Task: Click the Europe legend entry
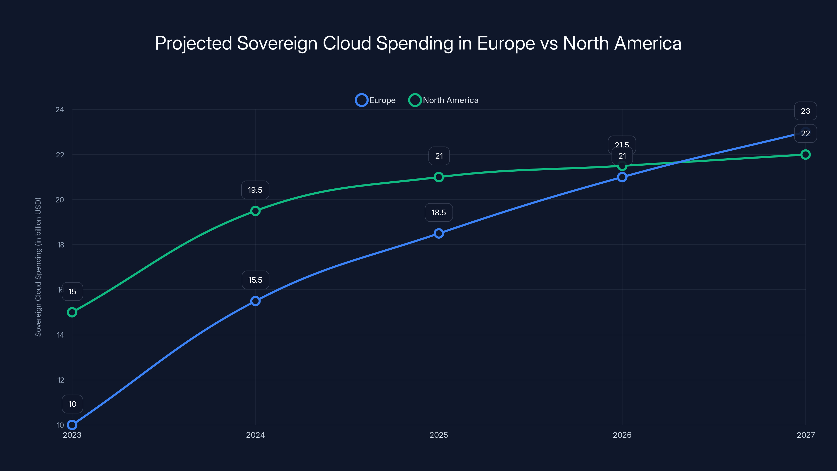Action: tap(376, 100)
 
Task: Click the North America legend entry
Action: tap(444, 100)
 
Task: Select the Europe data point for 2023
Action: tap(72, 425)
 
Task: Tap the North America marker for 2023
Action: tap(72, 312)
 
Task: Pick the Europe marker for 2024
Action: tap(255, 301)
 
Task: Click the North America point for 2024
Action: tap(255, 211)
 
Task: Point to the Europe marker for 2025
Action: tap(439, 233)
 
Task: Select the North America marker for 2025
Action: tap(439, 177)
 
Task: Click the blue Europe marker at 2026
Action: tap(622, 177)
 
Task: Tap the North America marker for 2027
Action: tap(805, 155)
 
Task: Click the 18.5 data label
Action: tap(439, 212)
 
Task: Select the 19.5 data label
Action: tap(255, 190)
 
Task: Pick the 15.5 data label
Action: tap(255, 280)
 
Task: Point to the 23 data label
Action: tap(805, 111)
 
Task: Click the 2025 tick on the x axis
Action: tap(439, 435)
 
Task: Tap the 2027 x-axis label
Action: tap(805, 435)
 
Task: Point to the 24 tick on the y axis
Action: tap(60, 110)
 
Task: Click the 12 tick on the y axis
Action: tap(61, 380)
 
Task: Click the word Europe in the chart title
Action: tap(506, 43)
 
